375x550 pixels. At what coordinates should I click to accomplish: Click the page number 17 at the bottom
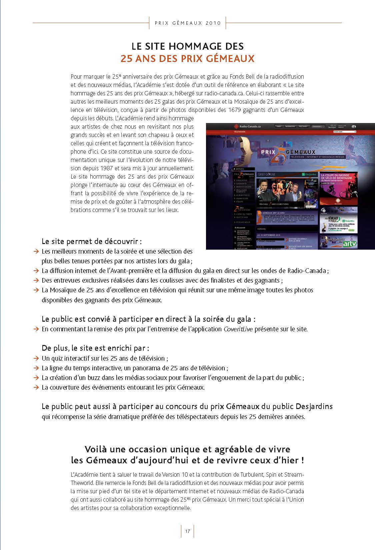point(187,531)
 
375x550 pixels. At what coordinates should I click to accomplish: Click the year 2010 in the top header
point(213,23)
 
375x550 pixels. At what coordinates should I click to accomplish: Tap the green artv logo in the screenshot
point(350,244)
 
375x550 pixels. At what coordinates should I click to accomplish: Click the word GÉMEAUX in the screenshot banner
point(300,152)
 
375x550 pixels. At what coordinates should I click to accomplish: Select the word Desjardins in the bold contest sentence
point(314,406)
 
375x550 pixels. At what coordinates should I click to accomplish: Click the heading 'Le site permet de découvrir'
point(92,241)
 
